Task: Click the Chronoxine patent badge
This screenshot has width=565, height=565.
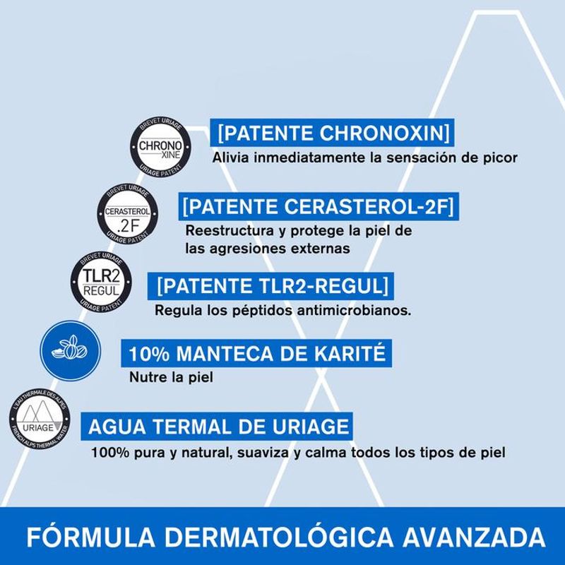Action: point(161,147)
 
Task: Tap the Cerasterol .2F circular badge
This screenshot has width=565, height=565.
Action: point(128,215)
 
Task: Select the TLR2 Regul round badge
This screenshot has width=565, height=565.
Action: point(101,282)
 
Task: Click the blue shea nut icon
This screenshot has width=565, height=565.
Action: point(70,351)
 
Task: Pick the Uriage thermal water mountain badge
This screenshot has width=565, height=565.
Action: point(40,419)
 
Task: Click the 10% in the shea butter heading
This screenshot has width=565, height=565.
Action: point(149,354)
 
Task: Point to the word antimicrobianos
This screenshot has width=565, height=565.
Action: point(354,310)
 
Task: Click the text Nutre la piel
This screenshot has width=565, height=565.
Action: point(171,377)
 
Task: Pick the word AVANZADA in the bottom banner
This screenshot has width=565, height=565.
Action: point(474,538)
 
